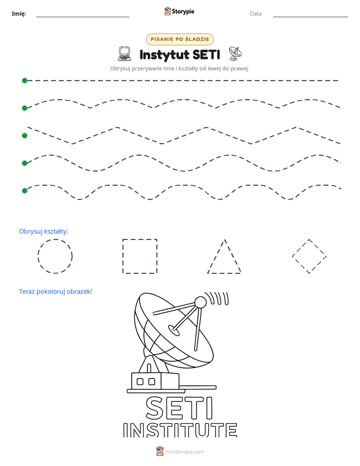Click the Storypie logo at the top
tap(179, 11)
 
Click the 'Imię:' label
tap(19, 14)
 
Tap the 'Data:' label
tap(256, 14)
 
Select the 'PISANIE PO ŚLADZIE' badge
tap(179, 39)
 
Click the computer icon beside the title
tap(125, 54)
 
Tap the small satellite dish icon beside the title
tap(235, 53)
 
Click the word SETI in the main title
tap(206, 54)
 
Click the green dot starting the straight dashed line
tap(25, 81)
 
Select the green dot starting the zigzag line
tap(25, 136)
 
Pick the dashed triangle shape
tap(216, 256)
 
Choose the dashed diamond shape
tap(301, 248)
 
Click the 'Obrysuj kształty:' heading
tap(44, 231)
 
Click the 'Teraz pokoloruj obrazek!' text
tap(55, 292)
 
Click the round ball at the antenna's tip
tap(200, 302)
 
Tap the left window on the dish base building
tap(140, 381)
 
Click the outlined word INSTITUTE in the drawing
tap(180, 430)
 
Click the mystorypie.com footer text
tap(185, 452)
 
